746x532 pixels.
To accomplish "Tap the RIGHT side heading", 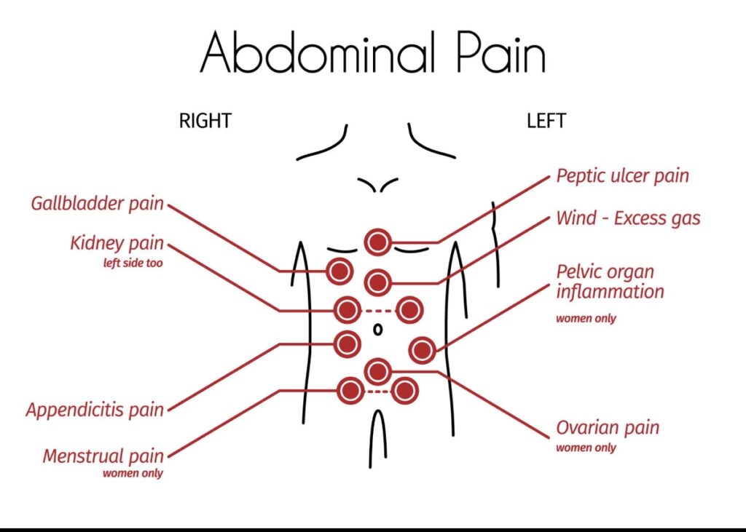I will point(205,121).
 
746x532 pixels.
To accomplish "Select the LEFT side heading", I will point(546,121).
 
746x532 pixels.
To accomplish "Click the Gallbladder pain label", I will point(98,203).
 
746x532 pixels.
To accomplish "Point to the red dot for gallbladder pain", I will point(339,271).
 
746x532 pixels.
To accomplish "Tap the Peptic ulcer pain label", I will point(622,175).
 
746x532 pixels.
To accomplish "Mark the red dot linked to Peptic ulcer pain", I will point(377,242).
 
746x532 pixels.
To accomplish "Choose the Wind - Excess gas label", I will point(628,218).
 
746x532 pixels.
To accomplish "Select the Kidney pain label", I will point(117,243).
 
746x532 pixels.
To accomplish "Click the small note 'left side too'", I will point(133,263).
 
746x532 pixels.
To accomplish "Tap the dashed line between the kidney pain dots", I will point(378,311).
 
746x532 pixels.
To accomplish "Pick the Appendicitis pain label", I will point(95,410).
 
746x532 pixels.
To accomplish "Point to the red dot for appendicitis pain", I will point(348,342).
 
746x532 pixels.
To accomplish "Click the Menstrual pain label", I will point(103,456).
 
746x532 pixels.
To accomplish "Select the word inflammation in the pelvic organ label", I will point(610,292).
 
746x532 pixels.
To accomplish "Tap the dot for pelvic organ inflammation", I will point(422,351).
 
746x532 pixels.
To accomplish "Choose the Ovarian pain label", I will point(608,428).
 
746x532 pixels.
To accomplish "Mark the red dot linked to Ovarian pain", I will point(377,371).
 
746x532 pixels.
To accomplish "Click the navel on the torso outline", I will point(377,330).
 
